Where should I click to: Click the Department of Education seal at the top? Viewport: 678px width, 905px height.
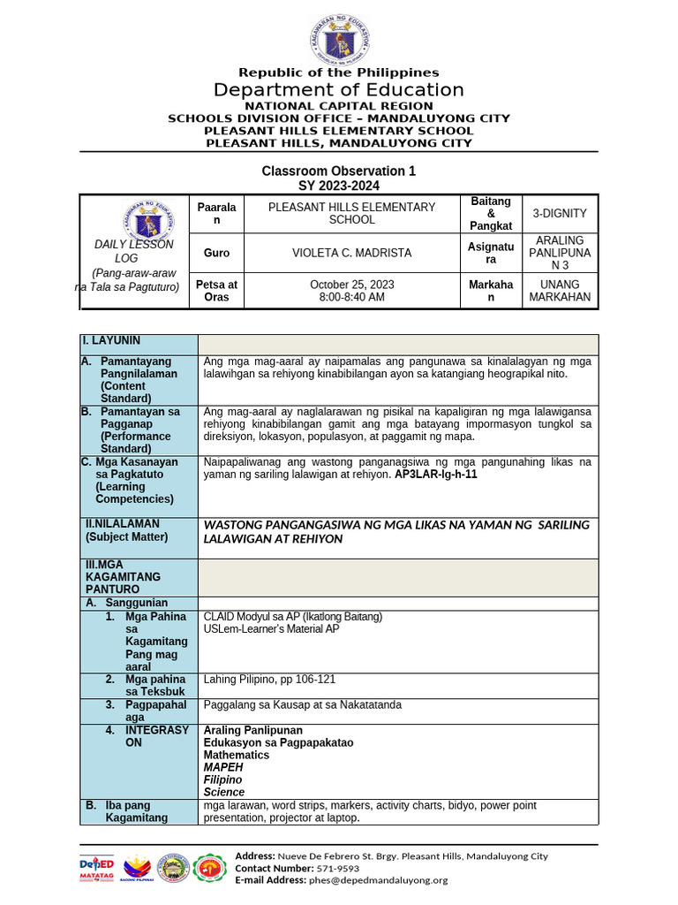(x=339, y=36)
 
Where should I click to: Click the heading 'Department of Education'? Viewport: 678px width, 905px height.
(x=339, y=90)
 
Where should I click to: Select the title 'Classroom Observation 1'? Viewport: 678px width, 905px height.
(x=338, y=171)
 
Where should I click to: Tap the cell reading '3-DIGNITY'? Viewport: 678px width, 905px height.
(x=560, y=214)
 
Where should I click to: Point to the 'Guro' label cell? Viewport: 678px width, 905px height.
(x=216, y=253)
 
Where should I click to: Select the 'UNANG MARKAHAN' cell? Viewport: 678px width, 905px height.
(x=560, y=291)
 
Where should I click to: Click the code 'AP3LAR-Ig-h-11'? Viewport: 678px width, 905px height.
(x=436, y=475)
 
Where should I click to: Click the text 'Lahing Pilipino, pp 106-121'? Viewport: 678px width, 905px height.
(x=270, y=680)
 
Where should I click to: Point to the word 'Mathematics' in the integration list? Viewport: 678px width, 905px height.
(x=237, y=756)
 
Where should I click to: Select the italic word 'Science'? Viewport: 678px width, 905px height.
(x=224, y=793)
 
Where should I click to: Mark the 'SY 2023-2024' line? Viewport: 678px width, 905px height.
(x=338, y=186)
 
